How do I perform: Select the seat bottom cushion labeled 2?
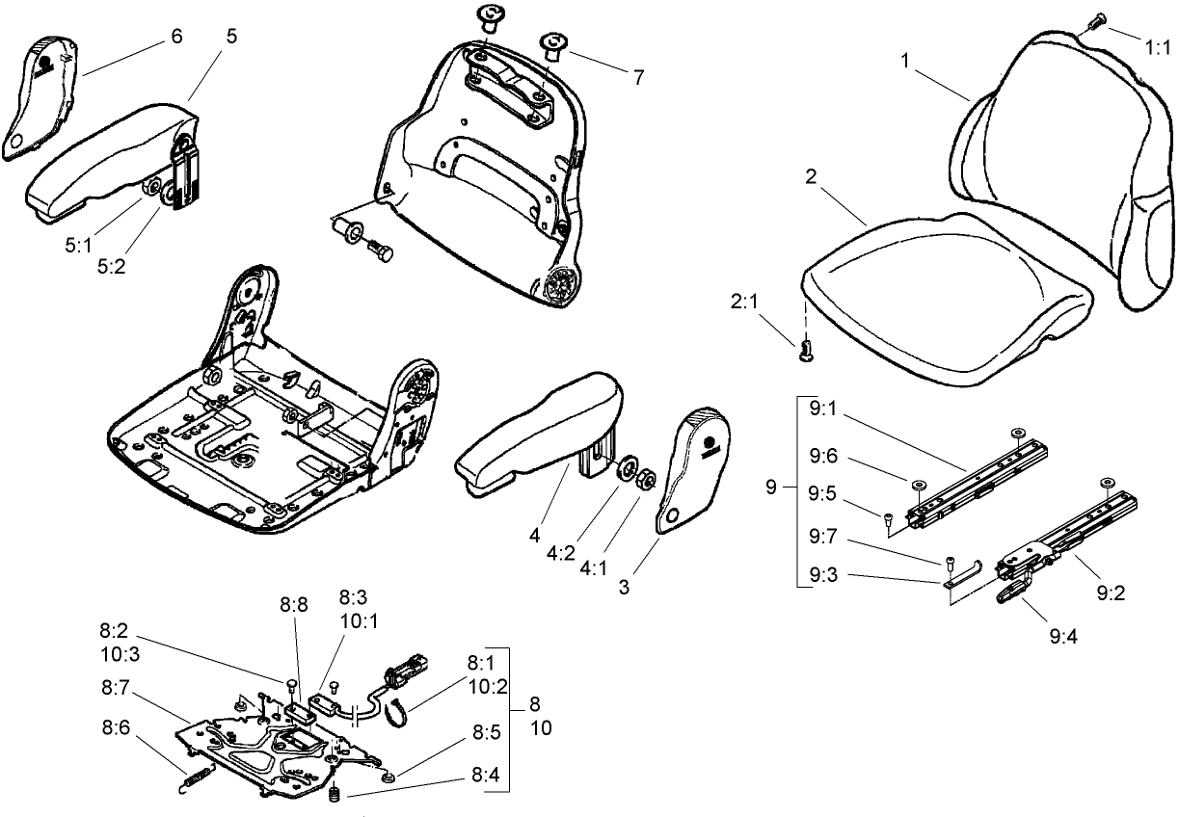[945, 299]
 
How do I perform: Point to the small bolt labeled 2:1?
[807, 352]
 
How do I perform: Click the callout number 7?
[638, 78]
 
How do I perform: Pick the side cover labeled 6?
[40, 92]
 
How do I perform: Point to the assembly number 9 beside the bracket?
[770, 488]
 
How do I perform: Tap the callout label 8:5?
[488, 732]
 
